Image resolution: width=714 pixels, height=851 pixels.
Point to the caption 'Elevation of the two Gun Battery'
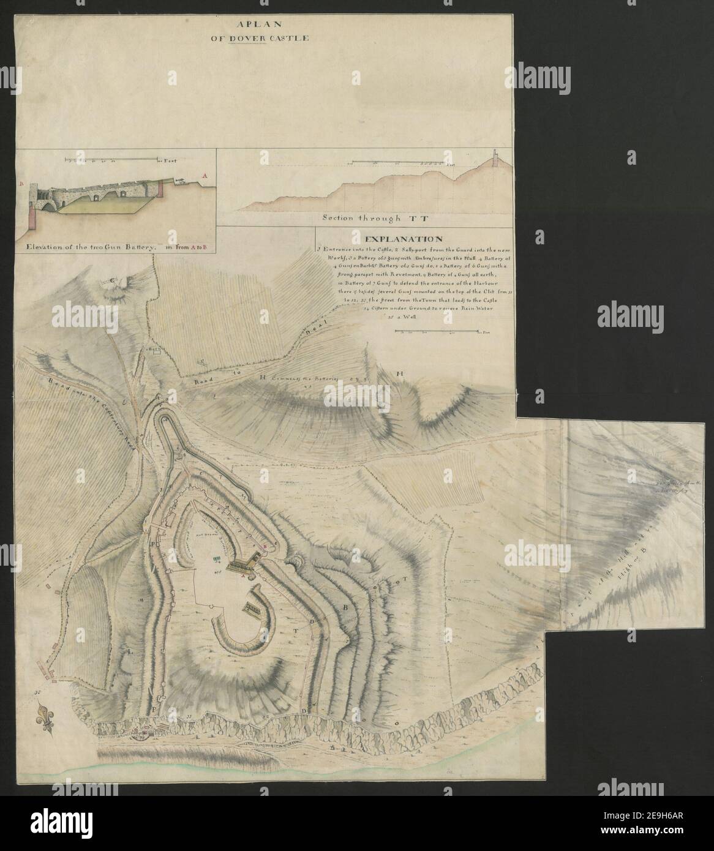92,247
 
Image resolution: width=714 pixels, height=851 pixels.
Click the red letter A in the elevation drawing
205,175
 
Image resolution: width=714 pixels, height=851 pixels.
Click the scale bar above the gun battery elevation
113,160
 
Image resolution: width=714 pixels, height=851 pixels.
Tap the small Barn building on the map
154,350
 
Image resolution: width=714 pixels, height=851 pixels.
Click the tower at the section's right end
494,170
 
